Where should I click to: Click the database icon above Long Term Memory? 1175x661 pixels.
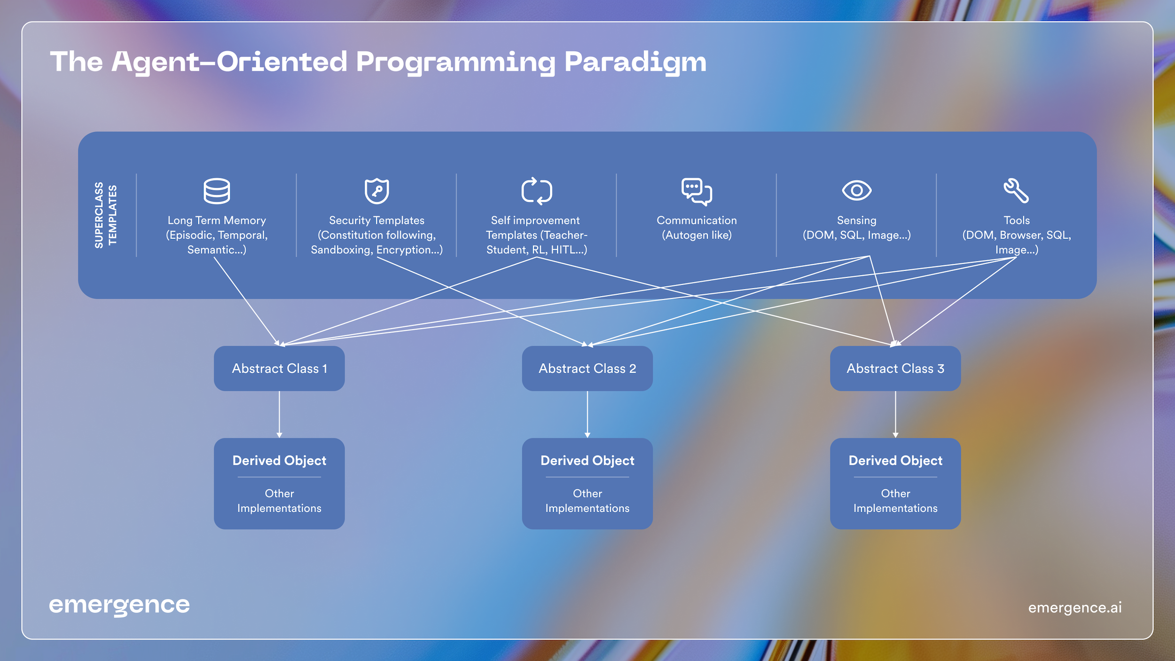[217, 191]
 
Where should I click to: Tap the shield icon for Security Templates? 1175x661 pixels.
[376, 191]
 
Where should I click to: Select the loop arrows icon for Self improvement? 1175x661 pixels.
[536, 191]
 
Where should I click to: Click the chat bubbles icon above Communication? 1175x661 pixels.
[697, 191]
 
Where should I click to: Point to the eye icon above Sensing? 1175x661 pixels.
[856, 190]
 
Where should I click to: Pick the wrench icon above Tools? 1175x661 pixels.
[1016, 190]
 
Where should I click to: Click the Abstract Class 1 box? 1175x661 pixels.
[279, 369]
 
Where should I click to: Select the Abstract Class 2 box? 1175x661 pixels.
[587, 369]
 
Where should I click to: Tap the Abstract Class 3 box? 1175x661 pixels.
[895, 369]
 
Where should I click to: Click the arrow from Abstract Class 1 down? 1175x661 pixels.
[279, 414]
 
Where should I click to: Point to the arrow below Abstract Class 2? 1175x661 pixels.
[587, 414]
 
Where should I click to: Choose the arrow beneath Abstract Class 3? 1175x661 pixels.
[895, 414]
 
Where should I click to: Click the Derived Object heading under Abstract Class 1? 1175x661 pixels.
[279, 460]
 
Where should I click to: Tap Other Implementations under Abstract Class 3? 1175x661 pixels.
[895, 501]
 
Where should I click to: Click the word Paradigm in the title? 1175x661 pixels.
[635, 62]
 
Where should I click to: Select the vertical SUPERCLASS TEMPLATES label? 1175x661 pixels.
[105, 215]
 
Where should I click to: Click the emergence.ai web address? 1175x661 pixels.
[1075, 607]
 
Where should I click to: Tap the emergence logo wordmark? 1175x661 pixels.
[119, 606]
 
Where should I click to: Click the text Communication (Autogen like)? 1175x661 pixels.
[697, 228]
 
